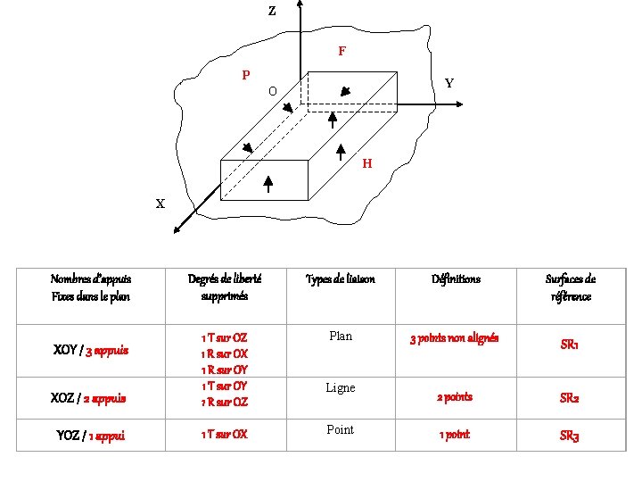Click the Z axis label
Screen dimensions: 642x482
pos(272,12)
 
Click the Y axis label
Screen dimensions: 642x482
pos(449,83)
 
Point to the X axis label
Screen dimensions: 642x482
pos(160,204)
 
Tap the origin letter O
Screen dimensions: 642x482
pos(273,91)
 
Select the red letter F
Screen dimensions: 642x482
pos(342,52)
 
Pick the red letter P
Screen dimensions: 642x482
pos(246,75)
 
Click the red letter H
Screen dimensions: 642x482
pos(367,164)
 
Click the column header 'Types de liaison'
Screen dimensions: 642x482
pos(341,279)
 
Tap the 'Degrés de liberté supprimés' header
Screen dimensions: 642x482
pos(225,287)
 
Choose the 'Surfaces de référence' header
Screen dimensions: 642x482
pos(570,287)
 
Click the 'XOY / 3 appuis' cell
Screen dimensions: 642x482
pos(91,351)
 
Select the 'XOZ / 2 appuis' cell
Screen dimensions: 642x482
pos(91,398)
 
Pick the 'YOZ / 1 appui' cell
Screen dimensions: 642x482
pos(91,436)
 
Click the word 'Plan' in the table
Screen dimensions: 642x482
pos(341,337)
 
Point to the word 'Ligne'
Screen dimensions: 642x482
pos(341,387)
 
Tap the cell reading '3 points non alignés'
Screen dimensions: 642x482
pos(454,338)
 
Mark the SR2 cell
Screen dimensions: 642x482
pos(570,398)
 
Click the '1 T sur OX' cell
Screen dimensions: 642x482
pos(225,435)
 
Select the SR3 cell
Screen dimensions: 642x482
pos(570,436)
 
